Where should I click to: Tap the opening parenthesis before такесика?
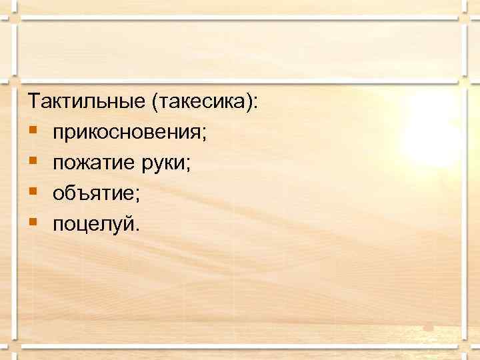(155, 103)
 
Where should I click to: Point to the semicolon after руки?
(189, 165)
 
